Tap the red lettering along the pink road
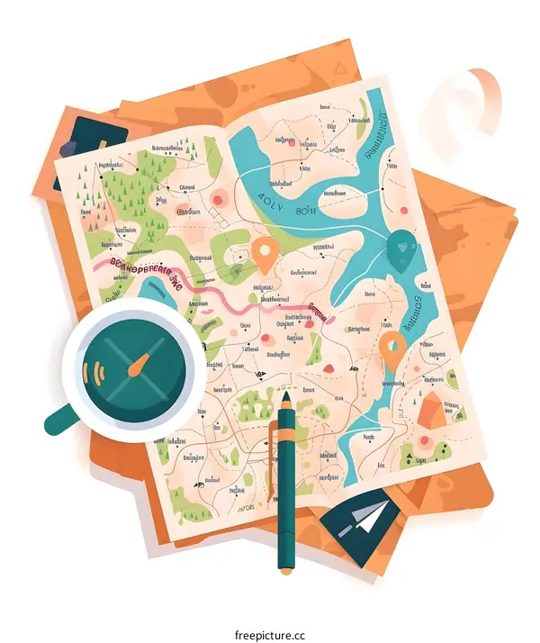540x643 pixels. point(144,267)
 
